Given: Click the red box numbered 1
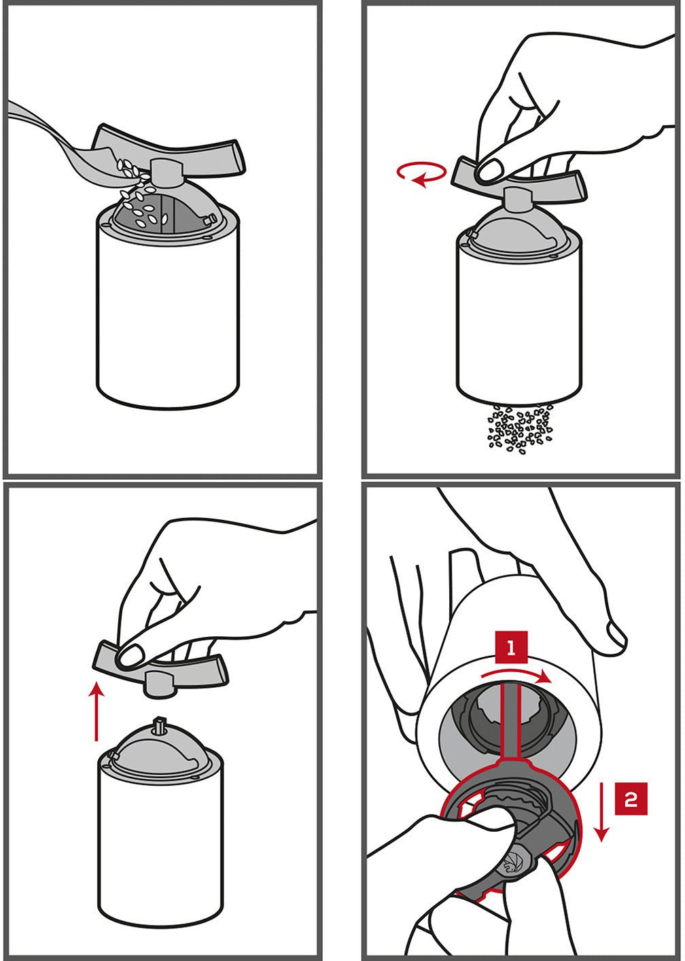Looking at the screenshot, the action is point(511,647).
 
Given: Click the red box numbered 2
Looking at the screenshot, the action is point(631,799).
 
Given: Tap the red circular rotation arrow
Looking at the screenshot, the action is point(421,174).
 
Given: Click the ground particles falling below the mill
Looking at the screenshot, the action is point(519,428).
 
